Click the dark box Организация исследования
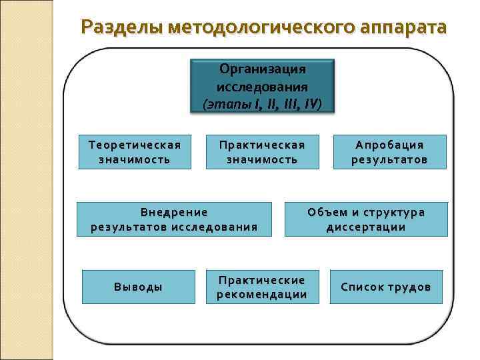(263, 86)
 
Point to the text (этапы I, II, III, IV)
(263, 104)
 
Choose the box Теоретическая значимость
(134, 153)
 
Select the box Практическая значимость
(263, 153)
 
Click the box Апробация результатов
(389, 153)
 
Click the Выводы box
(139, 287)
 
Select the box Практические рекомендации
(263, 287)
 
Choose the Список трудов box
(386, 287)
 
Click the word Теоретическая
(134, 145)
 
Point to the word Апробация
(389, 145)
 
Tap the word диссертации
(366, 227)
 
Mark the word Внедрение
(174, 213)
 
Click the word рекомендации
(263, 295)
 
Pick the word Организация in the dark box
(263, 69)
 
